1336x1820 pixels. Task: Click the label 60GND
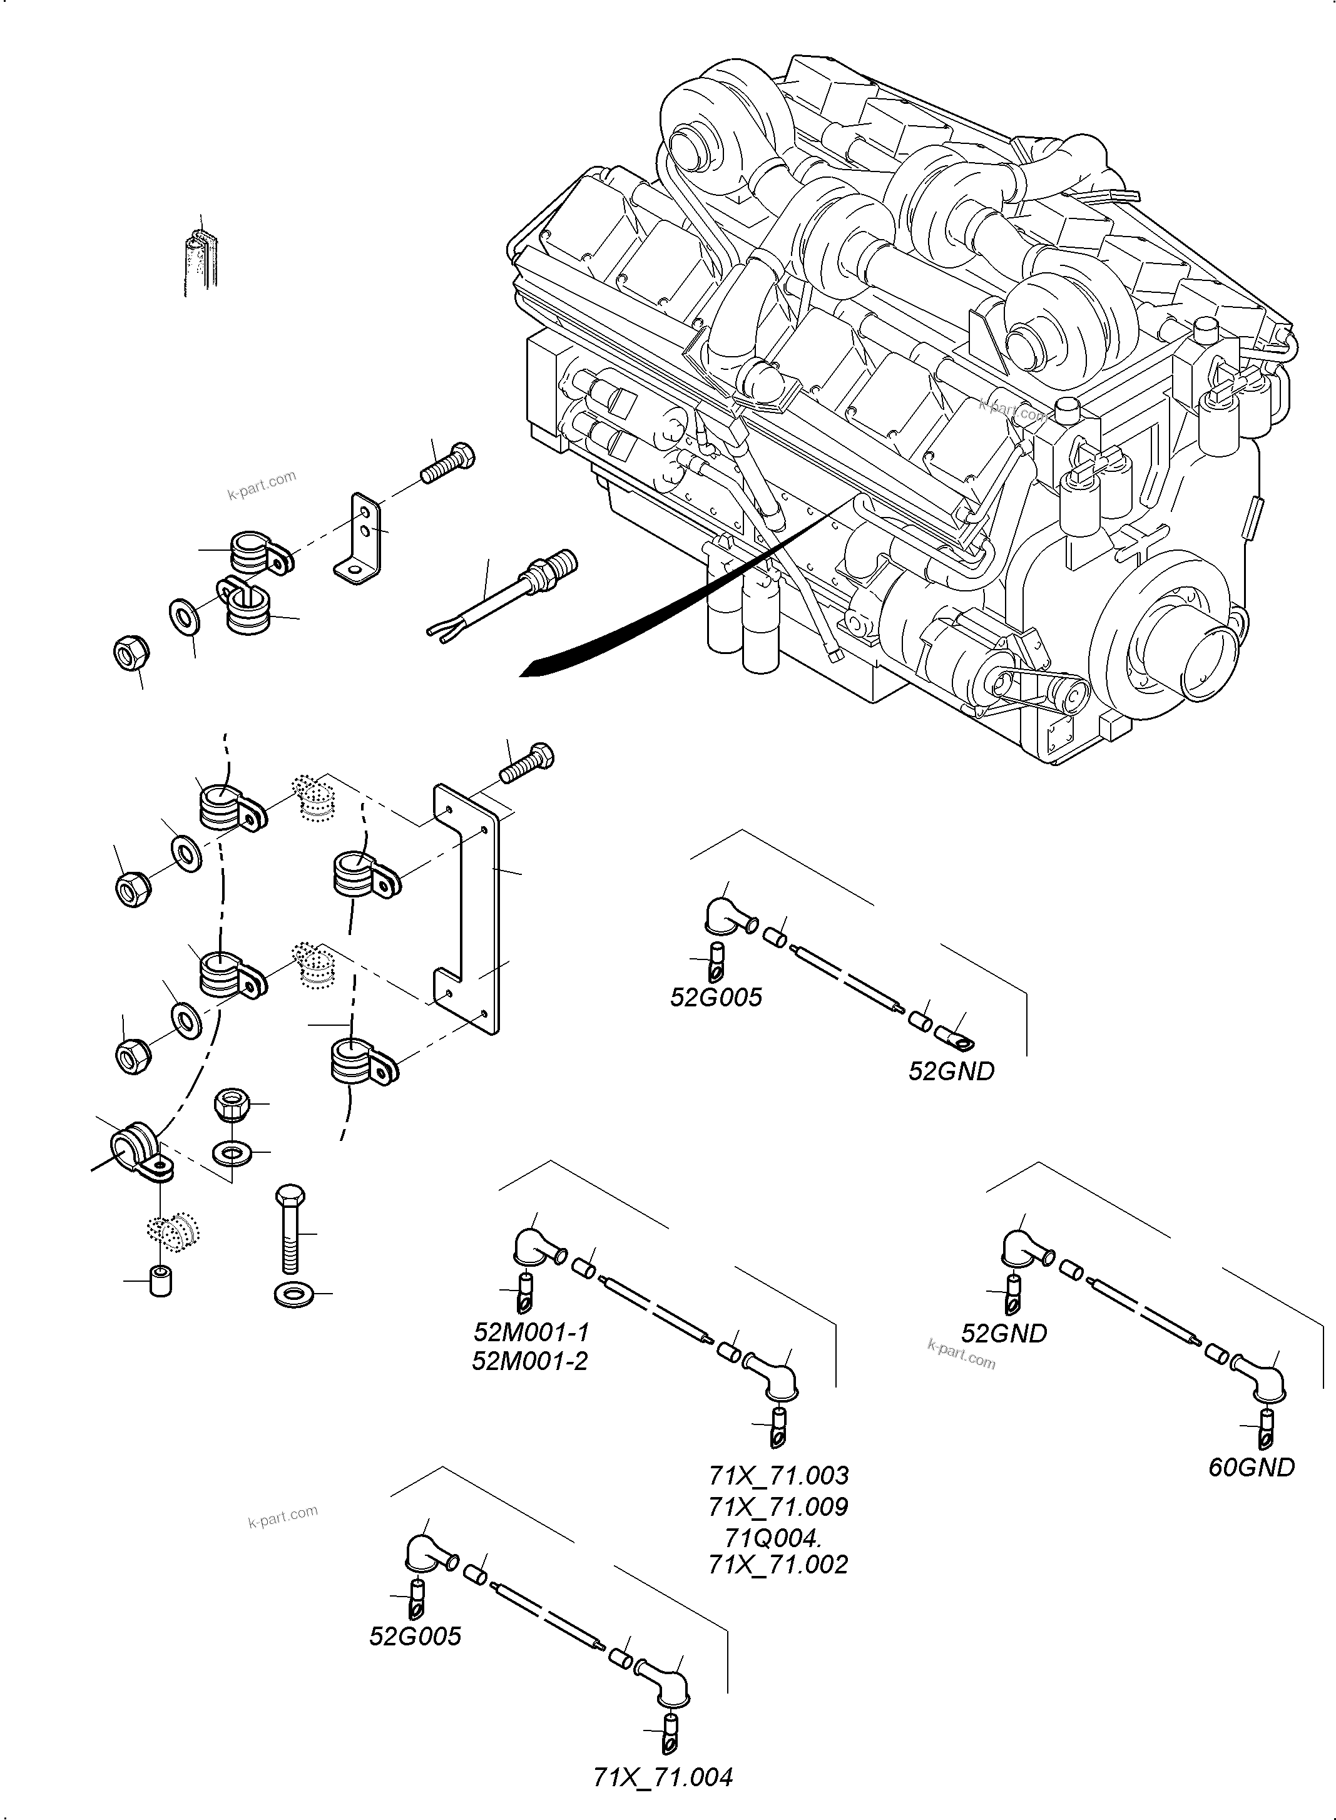click(x=1251, y=1467)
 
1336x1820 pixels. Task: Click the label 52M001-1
click(x=531, y=1331)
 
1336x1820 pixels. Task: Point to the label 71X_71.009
click(x=778, y=1506)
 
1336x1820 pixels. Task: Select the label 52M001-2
click(x=530, y=1361)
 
